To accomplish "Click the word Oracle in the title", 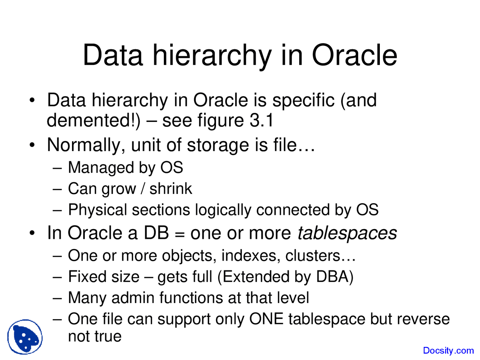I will coord(354,55).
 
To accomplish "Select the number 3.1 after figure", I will coord(261,120).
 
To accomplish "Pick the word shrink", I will coord(171,189).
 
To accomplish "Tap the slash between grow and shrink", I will coord(142,189).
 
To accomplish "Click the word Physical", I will coord(97,210).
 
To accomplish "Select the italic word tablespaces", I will coord(347,233).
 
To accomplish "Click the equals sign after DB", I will coord(180,234).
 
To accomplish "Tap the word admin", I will coord(133,298).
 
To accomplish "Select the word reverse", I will coord(423,319).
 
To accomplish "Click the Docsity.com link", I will coord(448,351).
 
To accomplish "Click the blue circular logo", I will coord(25,337).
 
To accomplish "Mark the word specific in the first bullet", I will coord(303,100).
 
